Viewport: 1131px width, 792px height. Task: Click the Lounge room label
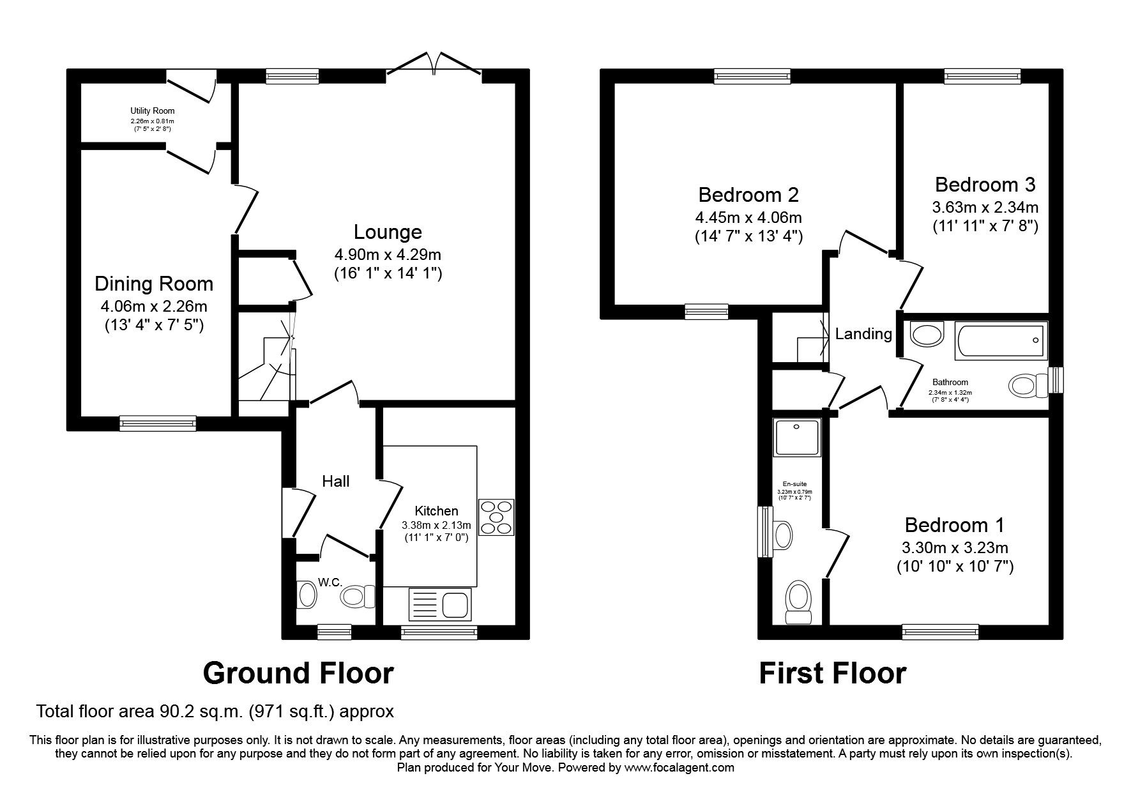(x=388, y=231)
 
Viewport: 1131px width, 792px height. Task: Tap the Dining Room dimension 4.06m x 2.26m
(x=153, y=306)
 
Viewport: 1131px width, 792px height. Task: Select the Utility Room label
(x=152, y=111)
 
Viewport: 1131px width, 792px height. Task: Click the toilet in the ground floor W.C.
(x=353, y=597)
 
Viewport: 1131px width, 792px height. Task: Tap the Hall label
(x=335, y=481)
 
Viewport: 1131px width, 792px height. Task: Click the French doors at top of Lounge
(x=434, y=64)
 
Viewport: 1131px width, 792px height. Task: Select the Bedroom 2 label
(x=748, y=194)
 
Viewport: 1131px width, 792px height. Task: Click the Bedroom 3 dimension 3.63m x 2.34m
(x=985, y=207)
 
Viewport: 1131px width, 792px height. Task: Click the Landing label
(x=863, y=333)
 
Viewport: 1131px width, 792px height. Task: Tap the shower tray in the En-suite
(x=796, y=438)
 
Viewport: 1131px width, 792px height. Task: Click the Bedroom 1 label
(x=954, y=525)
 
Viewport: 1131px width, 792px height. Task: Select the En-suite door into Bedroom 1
(x=837, y=554)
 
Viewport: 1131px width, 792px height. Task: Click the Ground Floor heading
(x=298, y=673)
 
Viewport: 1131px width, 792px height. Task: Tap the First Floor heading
(x=832, y=673)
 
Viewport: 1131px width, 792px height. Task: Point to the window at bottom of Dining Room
(x=158, y=422)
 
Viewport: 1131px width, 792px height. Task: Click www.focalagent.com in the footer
(x=679, y=768)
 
